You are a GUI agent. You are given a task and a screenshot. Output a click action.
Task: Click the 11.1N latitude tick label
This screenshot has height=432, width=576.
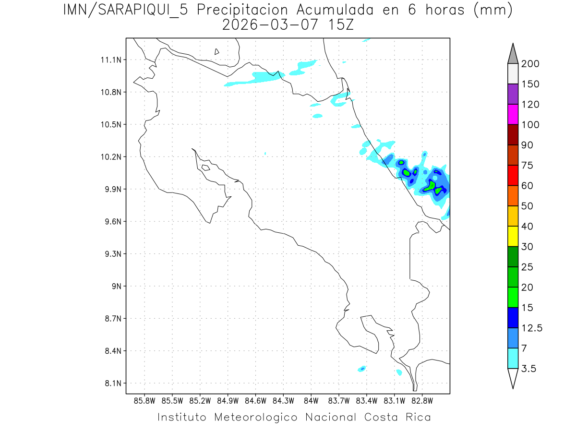(110, 60)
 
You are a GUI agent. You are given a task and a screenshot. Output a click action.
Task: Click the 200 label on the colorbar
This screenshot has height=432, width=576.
(530, 64)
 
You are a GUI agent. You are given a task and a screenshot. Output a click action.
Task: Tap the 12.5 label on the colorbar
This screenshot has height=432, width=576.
(532, 328)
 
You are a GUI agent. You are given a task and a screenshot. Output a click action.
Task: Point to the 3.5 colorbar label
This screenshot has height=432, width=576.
(528, 369)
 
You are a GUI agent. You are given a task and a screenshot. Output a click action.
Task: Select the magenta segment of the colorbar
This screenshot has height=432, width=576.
(513, 114)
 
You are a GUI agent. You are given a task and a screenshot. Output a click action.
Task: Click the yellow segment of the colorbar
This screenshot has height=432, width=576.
(513, 236)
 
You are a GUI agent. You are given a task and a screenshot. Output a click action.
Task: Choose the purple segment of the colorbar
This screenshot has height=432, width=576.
(513, 94)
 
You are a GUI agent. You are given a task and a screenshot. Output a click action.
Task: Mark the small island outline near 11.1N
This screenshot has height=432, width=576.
(217, 51)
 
